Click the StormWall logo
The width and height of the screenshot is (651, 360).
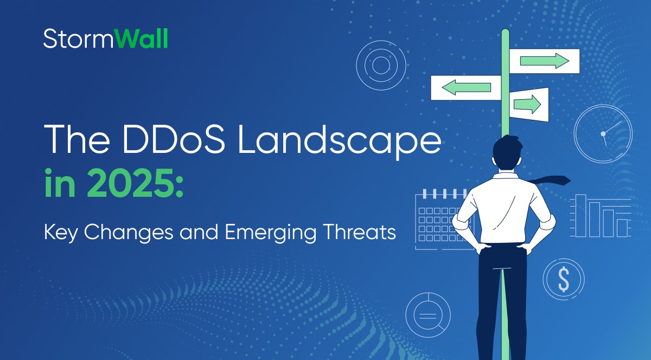tap(105, 39)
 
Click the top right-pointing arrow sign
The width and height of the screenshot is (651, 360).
tap(544, 61)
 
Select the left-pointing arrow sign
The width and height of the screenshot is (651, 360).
tap(465, 87)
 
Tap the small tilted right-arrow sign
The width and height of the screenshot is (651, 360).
tap(528, 104)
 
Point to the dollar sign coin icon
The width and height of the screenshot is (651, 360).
tap(564, 280)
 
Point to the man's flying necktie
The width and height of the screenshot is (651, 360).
tap(549, 181)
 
